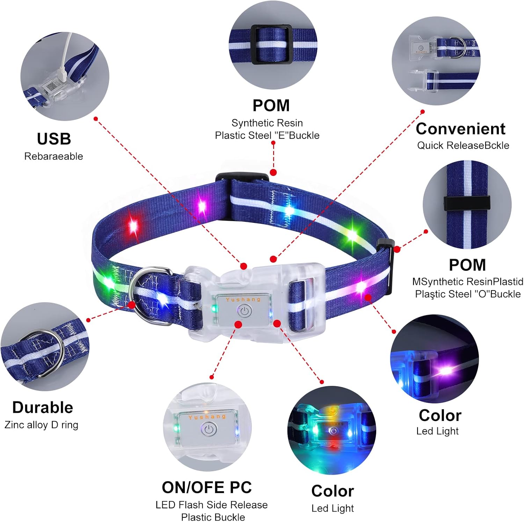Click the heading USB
click(x=54, y=139)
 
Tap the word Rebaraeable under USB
click(x=53, y=156)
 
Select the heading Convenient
click(x=460, y=129)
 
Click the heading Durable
click(x=43, y=407)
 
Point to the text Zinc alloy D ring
click(x=41, y=425)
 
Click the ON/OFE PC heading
click(x=206, y=487)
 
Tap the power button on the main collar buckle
click(x=245, y=311)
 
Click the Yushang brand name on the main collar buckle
click(x=243, y=299)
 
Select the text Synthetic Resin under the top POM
click(x=267, y=123)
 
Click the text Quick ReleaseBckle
click(x=463, y=145)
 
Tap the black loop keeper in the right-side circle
click(x=467, y=203)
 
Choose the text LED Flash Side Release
click(x=211, y=505)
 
